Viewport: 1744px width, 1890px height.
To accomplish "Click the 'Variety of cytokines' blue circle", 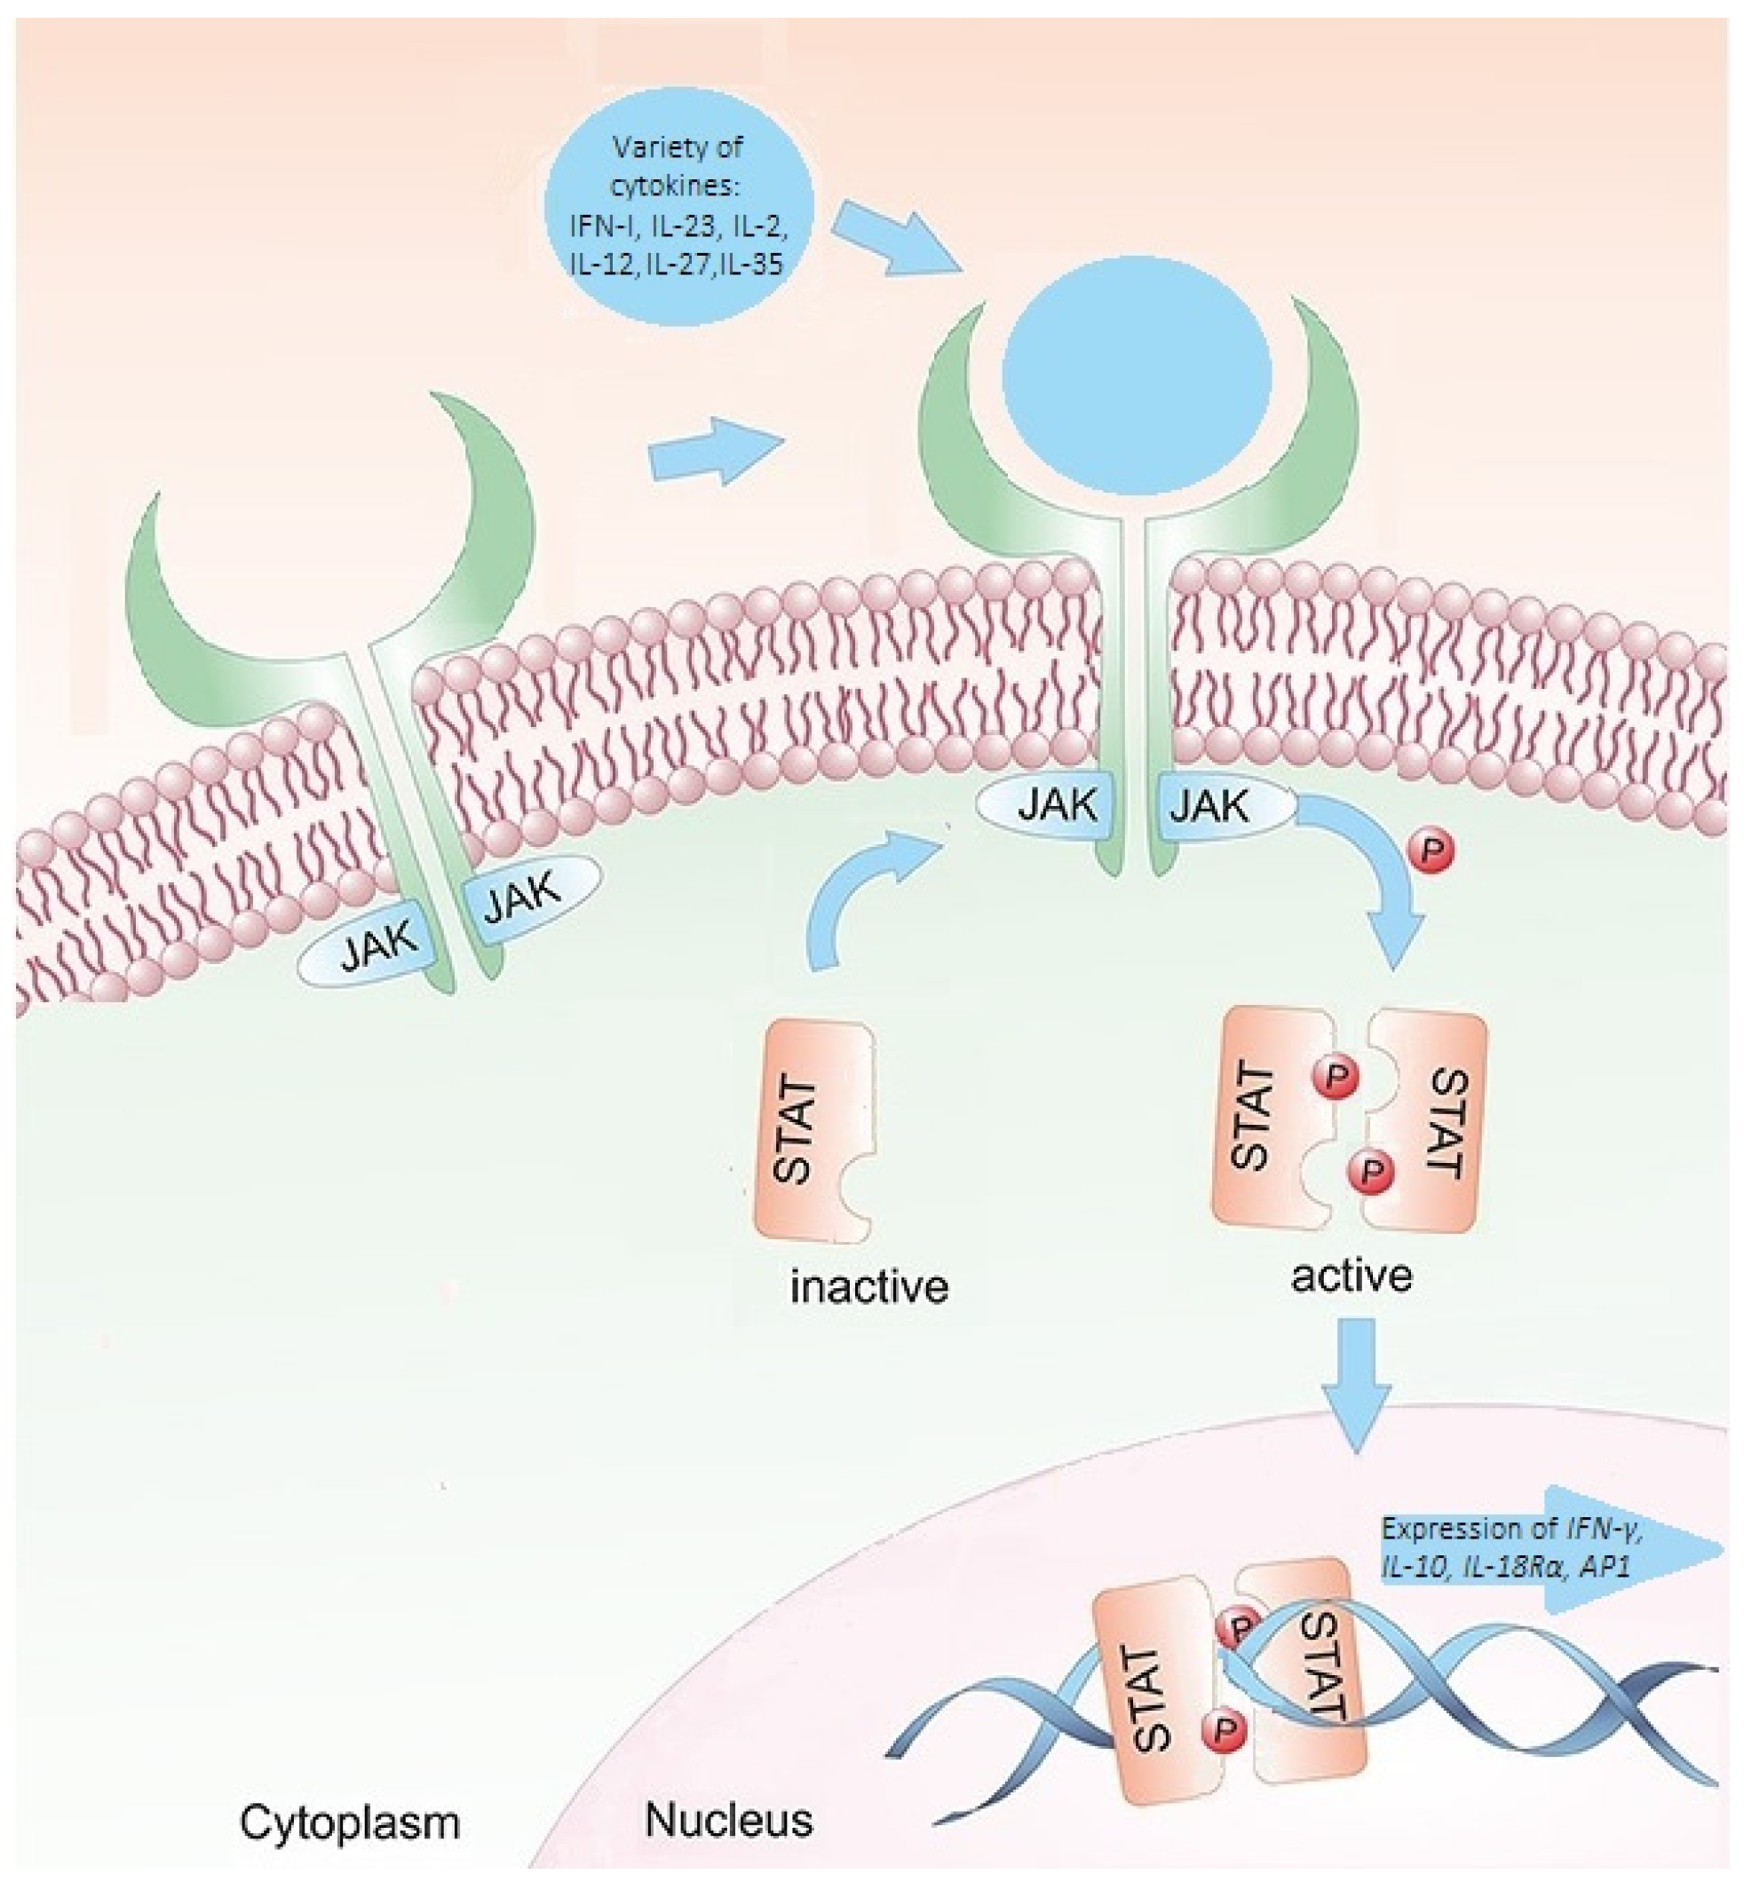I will [678, 205].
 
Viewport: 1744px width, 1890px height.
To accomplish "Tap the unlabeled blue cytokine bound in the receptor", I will [1136, 373].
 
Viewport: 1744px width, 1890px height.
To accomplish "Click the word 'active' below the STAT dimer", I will [1352, 1276].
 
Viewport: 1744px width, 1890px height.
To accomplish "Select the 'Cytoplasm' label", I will [349, 1822].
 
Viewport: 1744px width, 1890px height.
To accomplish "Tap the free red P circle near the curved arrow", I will [1431, 852].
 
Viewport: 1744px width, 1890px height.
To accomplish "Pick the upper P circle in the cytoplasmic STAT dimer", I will [1335, 1076].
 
